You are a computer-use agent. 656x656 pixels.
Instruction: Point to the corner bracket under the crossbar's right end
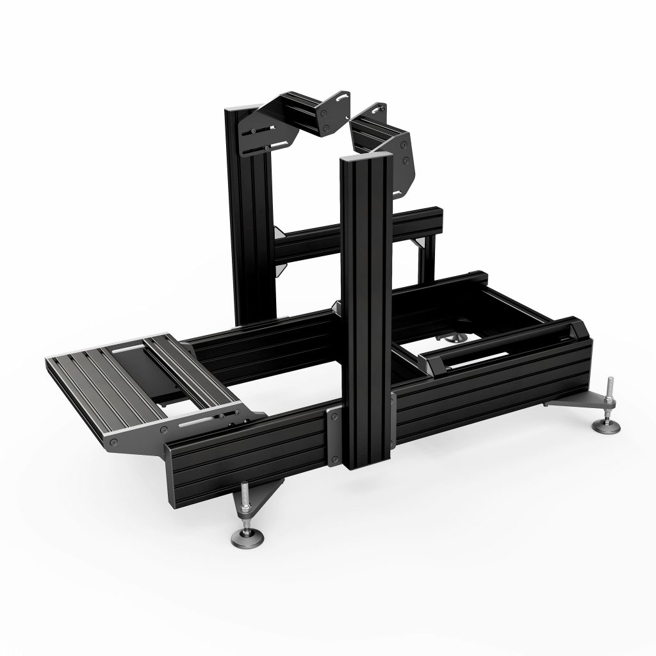point(421,243)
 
